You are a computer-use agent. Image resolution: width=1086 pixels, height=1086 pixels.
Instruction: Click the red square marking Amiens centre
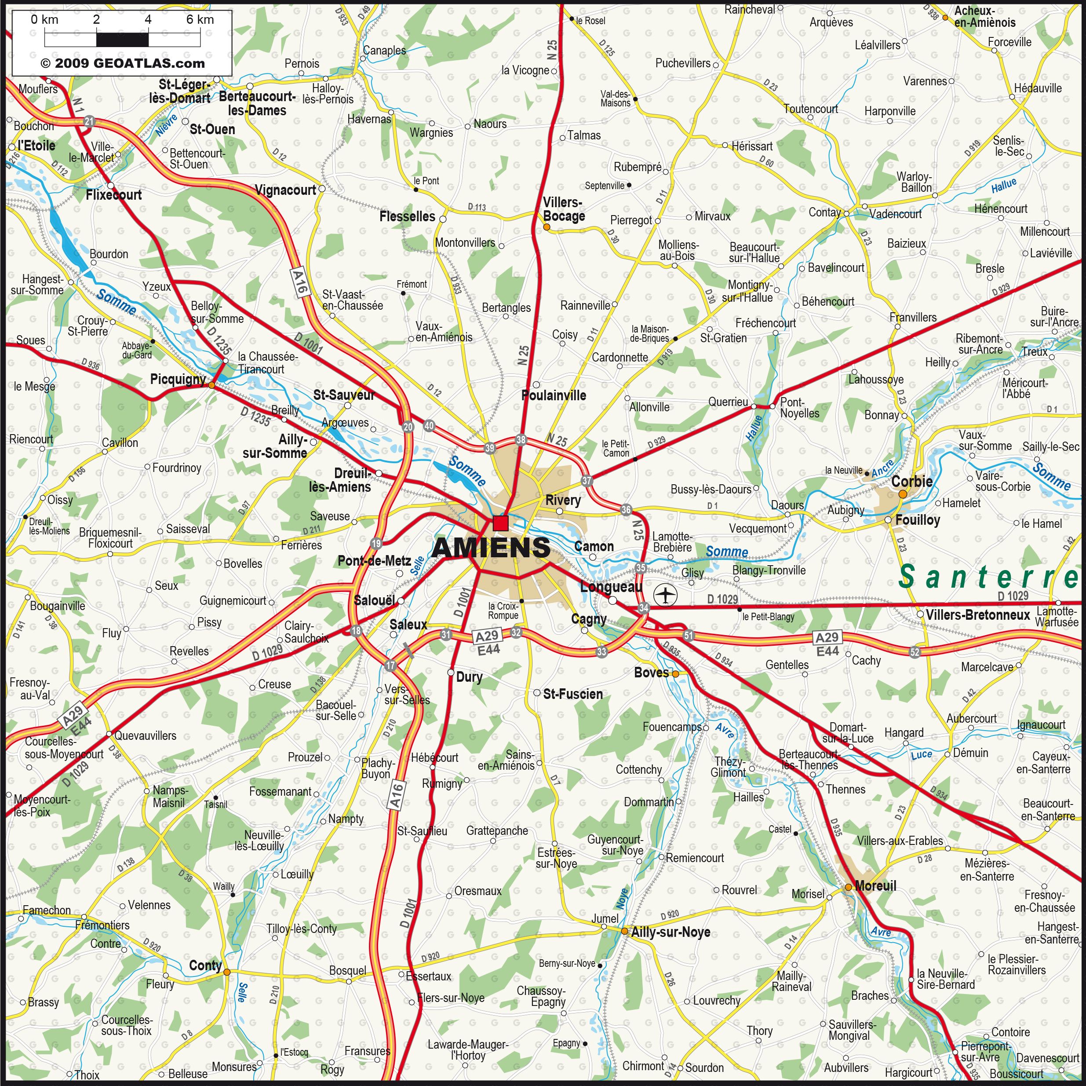[500, 523]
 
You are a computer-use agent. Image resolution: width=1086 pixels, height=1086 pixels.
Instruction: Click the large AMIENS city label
[491, 547]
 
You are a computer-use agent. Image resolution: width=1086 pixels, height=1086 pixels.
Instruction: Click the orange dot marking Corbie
[902, 494]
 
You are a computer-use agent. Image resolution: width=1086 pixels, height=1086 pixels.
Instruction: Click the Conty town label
[205, 965]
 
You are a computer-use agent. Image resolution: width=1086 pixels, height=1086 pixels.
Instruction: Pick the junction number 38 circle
[521, 440]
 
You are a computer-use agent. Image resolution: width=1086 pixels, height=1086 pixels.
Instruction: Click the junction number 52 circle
[915, 652]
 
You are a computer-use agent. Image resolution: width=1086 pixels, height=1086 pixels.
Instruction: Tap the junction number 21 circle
[89, 121]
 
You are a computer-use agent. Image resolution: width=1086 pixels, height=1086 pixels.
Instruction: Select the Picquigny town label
[178, 379]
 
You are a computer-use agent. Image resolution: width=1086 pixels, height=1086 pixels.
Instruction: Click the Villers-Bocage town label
[563, 209]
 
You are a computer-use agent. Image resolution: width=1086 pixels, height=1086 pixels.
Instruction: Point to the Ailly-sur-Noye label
[670, 932]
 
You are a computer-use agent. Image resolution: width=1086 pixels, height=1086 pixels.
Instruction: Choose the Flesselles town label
[407, 216]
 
